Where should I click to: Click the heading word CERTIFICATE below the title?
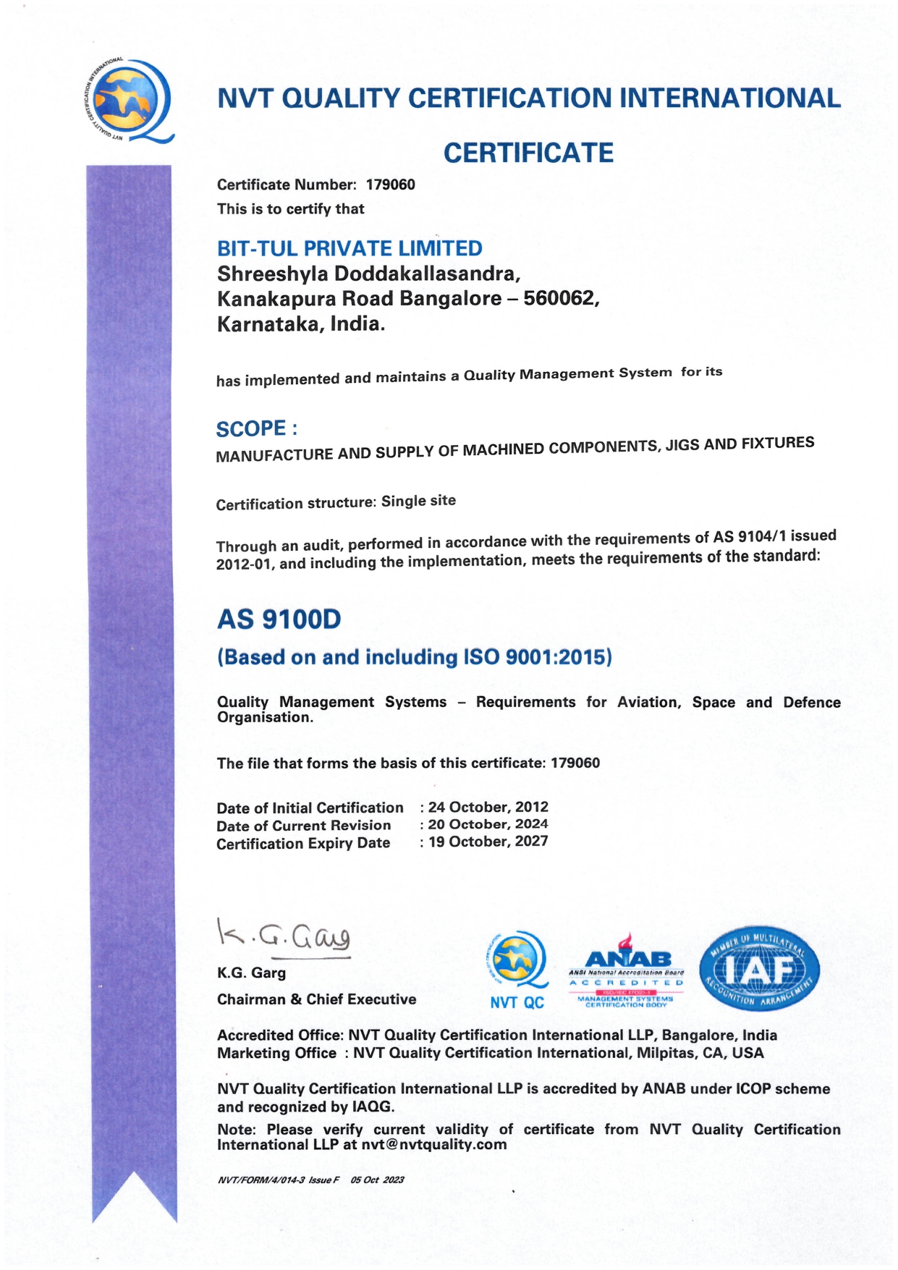[x=528, y=153]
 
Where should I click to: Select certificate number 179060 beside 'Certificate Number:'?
[x=391, y=185]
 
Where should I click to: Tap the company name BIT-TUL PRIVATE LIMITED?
[x=350, y=248]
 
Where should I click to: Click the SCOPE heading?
[x=256, y=429]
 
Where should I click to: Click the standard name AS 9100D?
[x=279, y=619]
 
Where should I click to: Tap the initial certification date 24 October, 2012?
[x=488, y=807]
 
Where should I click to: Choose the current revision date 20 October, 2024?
[x=488, y=824]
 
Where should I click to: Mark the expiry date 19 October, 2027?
[x=488, y=842]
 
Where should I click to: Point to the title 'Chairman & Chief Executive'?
[x=316, y=999]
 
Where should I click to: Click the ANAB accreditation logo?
[x=627, y=970]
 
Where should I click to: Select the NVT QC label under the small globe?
[x=517, y=1002]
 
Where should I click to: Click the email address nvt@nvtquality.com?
[x=434, y=1145]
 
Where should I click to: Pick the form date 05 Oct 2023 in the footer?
[x=377, y=1180]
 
